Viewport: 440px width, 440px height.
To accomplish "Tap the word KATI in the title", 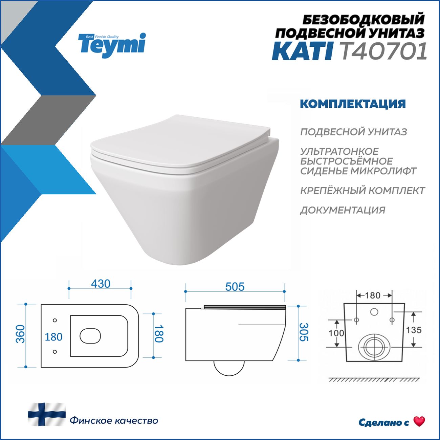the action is coord(302,51).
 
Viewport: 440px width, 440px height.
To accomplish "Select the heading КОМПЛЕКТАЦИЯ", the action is coord(353,104).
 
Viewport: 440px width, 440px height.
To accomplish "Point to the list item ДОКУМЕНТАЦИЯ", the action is coord(343,210).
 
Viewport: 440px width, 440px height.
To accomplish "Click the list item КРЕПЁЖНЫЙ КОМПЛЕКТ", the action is coord(362,191).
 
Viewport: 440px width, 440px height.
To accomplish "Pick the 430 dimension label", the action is coord(101,284).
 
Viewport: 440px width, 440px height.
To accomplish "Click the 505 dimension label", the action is coord(235,287).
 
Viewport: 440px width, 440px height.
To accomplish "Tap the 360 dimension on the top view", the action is coord(21,334).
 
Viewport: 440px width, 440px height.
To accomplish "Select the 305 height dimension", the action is coord(304,332).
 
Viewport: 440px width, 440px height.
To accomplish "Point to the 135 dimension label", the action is coord(414,330).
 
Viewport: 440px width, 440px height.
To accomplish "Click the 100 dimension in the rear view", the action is coord(336,333).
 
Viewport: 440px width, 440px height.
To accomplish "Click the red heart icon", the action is coord(419,421).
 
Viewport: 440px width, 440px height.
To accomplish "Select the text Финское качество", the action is coord(114,421).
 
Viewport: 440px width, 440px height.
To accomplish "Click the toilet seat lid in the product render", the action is coord(180,143).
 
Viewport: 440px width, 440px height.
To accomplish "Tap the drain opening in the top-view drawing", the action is coord(90,336).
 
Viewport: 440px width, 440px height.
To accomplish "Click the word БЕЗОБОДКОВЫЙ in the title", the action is coord(364,19).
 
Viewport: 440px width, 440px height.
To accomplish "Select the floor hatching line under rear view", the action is coord(374,380).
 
